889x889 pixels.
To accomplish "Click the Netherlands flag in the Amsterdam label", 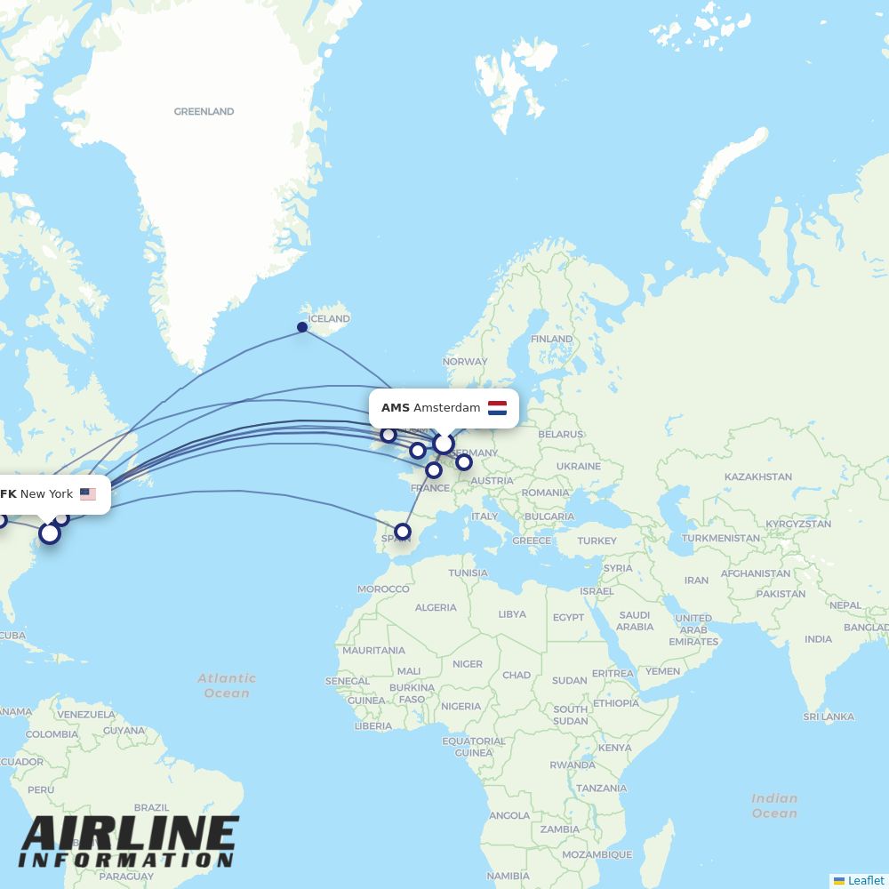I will [497, 408].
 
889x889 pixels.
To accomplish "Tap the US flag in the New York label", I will [87, 494].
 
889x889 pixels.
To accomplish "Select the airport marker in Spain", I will [403, 532].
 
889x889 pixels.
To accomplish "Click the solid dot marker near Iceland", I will [302, 327].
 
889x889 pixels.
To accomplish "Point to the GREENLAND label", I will [204, 112].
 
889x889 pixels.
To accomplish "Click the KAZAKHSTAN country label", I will [757, 477].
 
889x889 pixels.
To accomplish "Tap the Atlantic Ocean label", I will [227, 685].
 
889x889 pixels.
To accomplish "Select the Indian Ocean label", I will [774, 805].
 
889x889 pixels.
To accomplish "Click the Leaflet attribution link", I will [865, 880].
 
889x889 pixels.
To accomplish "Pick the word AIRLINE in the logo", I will [131, 835].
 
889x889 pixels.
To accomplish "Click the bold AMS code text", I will [395, 408].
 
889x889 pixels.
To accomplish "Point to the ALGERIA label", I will [436, 608].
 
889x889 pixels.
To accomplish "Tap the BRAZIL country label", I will [151, 808].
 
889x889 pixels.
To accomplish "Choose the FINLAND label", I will [551, 339].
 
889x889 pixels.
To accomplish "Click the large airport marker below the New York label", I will [50, 533].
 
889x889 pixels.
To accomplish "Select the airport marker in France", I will [434, 470].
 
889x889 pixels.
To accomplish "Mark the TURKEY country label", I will [597, 541].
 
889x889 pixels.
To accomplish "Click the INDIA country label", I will [818, 639].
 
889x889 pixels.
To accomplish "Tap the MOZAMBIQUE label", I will [597, 855].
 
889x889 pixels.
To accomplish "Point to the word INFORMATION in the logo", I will [125, 861].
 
